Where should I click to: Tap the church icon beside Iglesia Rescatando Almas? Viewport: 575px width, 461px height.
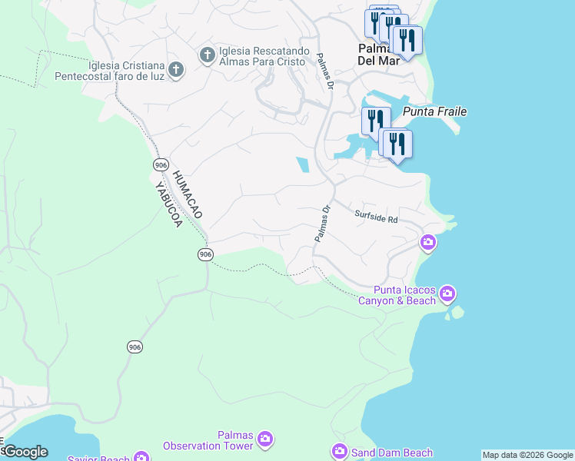[207, 55]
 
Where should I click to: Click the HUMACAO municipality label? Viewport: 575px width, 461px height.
[187, 194]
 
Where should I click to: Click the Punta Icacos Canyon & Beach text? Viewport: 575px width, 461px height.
[397, 295]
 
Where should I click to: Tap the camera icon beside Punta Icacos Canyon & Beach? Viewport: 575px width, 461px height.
[447, 294]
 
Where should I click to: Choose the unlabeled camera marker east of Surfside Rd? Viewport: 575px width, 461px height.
[428, 243]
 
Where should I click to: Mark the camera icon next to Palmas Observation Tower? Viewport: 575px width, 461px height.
[265, 439]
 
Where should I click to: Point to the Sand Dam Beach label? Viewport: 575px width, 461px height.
[392, 453]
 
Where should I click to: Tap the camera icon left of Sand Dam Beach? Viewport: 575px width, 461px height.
[339, 452]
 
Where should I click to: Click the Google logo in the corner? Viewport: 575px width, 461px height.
[25, 452]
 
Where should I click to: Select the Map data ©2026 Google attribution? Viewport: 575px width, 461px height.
[527, 455]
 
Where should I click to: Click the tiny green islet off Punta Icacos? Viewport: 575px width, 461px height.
[459, 312]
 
